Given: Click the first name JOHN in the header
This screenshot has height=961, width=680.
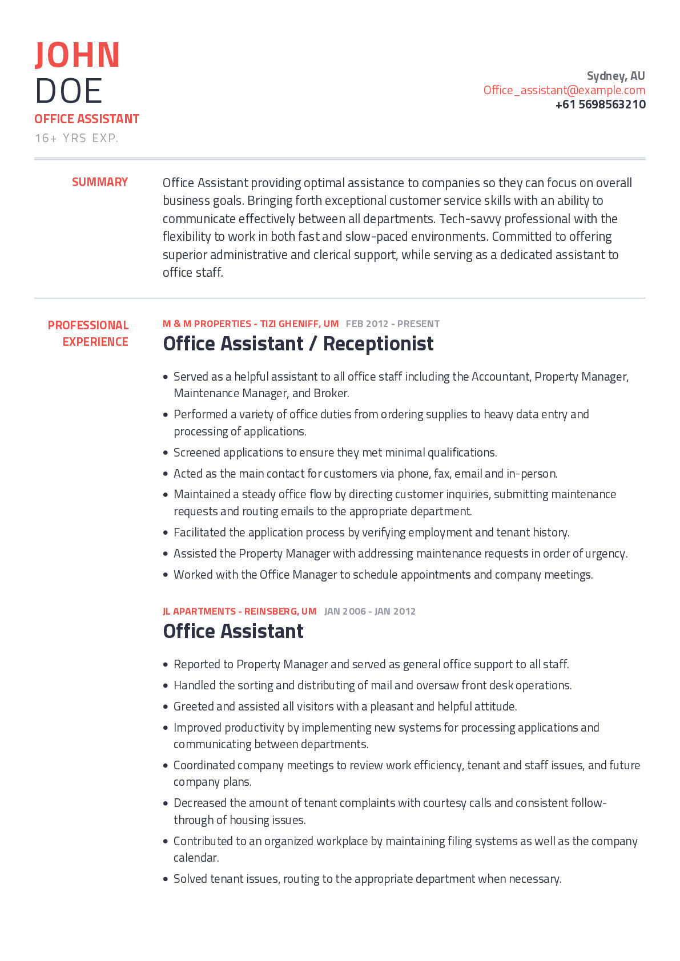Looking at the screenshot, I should tap(77, 55).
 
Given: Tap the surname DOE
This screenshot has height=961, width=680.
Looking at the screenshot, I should tap(69, 91).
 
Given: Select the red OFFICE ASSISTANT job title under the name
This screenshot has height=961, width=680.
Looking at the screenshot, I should tap(87, 119).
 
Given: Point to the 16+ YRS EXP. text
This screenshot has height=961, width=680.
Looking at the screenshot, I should tap(77, 138).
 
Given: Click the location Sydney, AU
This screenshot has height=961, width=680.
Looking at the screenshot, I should tap(615, 76).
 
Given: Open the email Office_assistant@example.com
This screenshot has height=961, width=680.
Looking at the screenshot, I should tap(564, 90).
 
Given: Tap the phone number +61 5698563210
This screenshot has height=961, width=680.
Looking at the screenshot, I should tap(600, 104).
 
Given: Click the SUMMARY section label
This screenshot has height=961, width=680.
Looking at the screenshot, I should tap(100, 182).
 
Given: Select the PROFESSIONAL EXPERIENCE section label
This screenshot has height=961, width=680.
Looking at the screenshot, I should tap(88, 333).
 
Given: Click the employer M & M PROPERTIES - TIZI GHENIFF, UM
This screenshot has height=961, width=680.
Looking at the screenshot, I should tap(251, 324).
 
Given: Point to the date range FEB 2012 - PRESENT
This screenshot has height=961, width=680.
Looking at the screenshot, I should tap(393, 324).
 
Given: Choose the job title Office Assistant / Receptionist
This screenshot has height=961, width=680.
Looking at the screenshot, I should tap(298, 344).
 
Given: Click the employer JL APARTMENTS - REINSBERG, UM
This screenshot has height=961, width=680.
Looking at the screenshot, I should tap(239, 611).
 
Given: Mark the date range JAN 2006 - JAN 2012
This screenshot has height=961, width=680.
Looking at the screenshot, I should tap(370, 611).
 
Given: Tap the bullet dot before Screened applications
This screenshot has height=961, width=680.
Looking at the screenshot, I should tap(166, 453).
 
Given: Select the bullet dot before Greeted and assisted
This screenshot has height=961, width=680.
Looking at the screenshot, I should tap(166, 707).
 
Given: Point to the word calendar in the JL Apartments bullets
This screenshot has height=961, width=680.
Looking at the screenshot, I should tap(195, 858).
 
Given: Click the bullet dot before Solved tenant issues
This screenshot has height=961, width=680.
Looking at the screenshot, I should tap(166, 879).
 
